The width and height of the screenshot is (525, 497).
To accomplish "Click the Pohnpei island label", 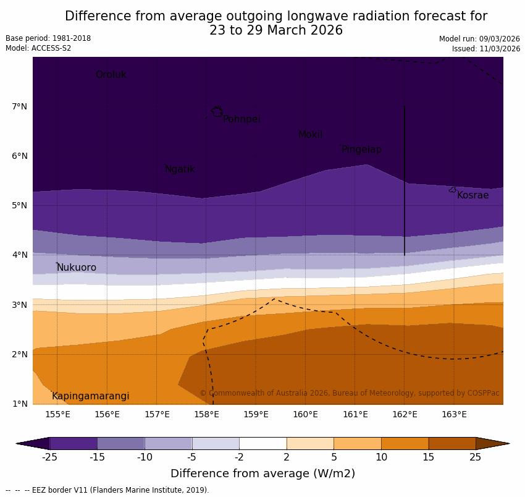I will click(x=241, y=119).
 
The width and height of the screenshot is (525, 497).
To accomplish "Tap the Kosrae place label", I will click(x=472, y=195).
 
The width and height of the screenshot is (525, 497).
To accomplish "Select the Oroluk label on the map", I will click(x=111, y=75).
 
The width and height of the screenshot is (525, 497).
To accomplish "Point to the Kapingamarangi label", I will click(x=90, y=396).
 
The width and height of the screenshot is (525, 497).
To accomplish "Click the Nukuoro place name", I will click(x=77, y=268).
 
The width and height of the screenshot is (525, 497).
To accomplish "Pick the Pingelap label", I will click(x=361, y=150).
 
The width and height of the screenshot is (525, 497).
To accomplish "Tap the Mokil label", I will click(x=310, y=135).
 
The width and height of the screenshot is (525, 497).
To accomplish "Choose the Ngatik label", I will click(x=180, y=169).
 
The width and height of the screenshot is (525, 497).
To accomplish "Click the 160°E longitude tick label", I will click(x=305, y=414).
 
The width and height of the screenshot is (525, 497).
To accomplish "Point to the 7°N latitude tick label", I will click(x=19, y=106).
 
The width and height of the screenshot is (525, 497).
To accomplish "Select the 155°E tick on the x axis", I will click(x=57, y=414).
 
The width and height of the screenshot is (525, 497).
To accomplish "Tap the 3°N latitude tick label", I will click(x=19, y=305).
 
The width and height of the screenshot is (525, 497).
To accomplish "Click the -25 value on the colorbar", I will click(x=49, y=457).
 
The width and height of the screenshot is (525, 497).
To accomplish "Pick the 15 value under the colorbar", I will click(x=428, y=457).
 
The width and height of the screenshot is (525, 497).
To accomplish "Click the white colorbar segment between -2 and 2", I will click(x=262, y=443).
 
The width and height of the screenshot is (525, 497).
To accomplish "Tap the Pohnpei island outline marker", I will click(x=217, y=111).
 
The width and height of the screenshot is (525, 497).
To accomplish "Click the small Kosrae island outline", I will click(x=452, y=190).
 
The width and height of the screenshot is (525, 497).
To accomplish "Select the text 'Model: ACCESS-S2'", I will click(x=38, y=48).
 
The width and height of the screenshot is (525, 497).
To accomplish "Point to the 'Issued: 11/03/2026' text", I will click(x=485, y=49).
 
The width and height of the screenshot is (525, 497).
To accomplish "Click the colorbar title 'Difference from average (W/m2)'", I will click(x=262, y=474).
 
